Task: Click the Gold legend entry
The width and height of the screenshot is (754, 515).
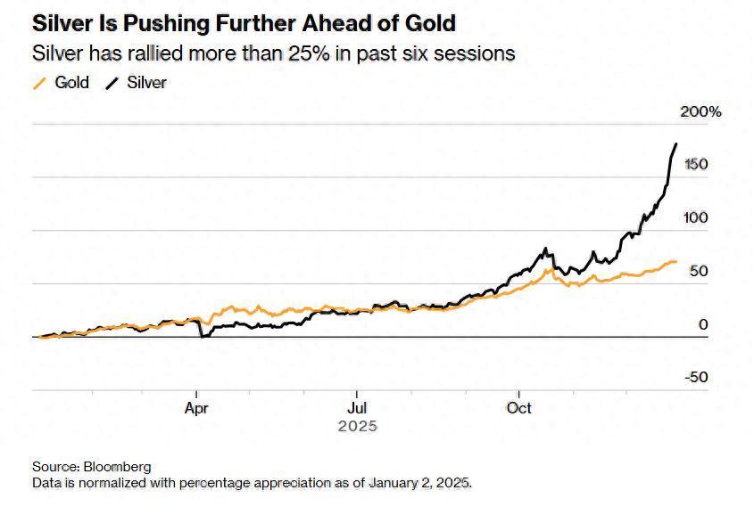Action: [71, 83]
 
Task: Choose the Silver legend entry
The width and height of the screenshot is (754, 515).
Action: [146, 83]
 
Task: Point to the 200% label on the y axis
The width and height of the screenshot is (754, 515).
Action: [700, 112]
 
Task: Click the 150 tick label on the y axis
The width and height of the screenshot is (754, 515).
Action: [696, 165]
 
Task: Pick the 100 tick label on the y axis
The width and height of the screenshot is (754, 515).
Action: [696, 218]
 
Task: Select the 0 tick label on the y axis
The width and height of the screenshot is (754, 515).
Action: [703, 324]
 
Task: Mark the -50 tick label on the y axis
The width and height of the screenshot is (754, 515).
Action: [696, 377]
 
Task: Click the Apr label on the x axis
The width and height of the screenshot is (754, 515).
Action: [196, 408]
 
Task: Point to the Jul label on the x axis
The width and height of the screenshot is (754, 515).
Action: [357, 408]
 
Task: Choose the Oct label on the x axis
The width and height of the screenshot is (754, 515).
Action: [518, 408]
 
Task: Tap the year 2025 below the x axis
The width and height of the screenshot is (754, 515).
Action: [357, 426]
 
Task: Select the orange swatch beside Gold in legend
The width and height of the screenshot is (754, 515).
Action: [38, 84]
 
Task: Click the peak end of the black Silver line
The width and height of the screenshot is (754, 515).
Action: [675, 143]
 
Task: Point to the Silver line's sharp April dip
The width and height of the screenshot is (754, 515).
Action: [202, 336]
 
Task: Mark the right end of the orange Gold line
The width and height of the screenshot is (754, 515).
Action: [676, 262]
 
